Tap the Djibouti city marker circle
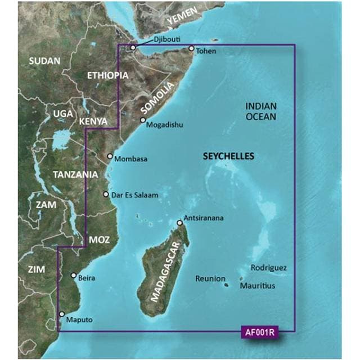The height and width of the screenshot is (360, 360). [133, 48]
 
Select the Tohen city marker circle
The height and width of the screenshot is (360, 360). [191, 49]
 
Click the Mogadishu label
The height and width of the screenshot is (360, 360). [164, 125]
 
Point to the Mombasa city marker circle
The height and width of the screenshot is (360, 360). [110, 157]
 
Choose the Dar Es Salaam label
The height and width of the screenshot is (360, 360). [134, 195]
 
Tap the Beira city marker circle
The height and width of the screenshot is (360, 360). [73, 276]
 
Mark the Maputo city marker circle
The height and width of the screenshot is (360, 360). [62, 315]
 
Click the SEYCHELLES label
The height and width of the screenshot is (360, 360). [228, 156]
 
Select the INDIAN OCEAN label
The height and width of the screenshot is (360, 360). [261, 111]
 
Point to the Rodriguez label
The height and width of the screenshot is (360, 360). [269, 268]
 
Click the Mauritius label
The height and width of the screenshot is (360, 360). [258, 286]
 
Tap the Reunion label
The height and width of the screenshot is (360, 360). [210, 278]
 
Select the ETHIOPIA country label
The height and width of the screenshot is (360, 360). [105, 75]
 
